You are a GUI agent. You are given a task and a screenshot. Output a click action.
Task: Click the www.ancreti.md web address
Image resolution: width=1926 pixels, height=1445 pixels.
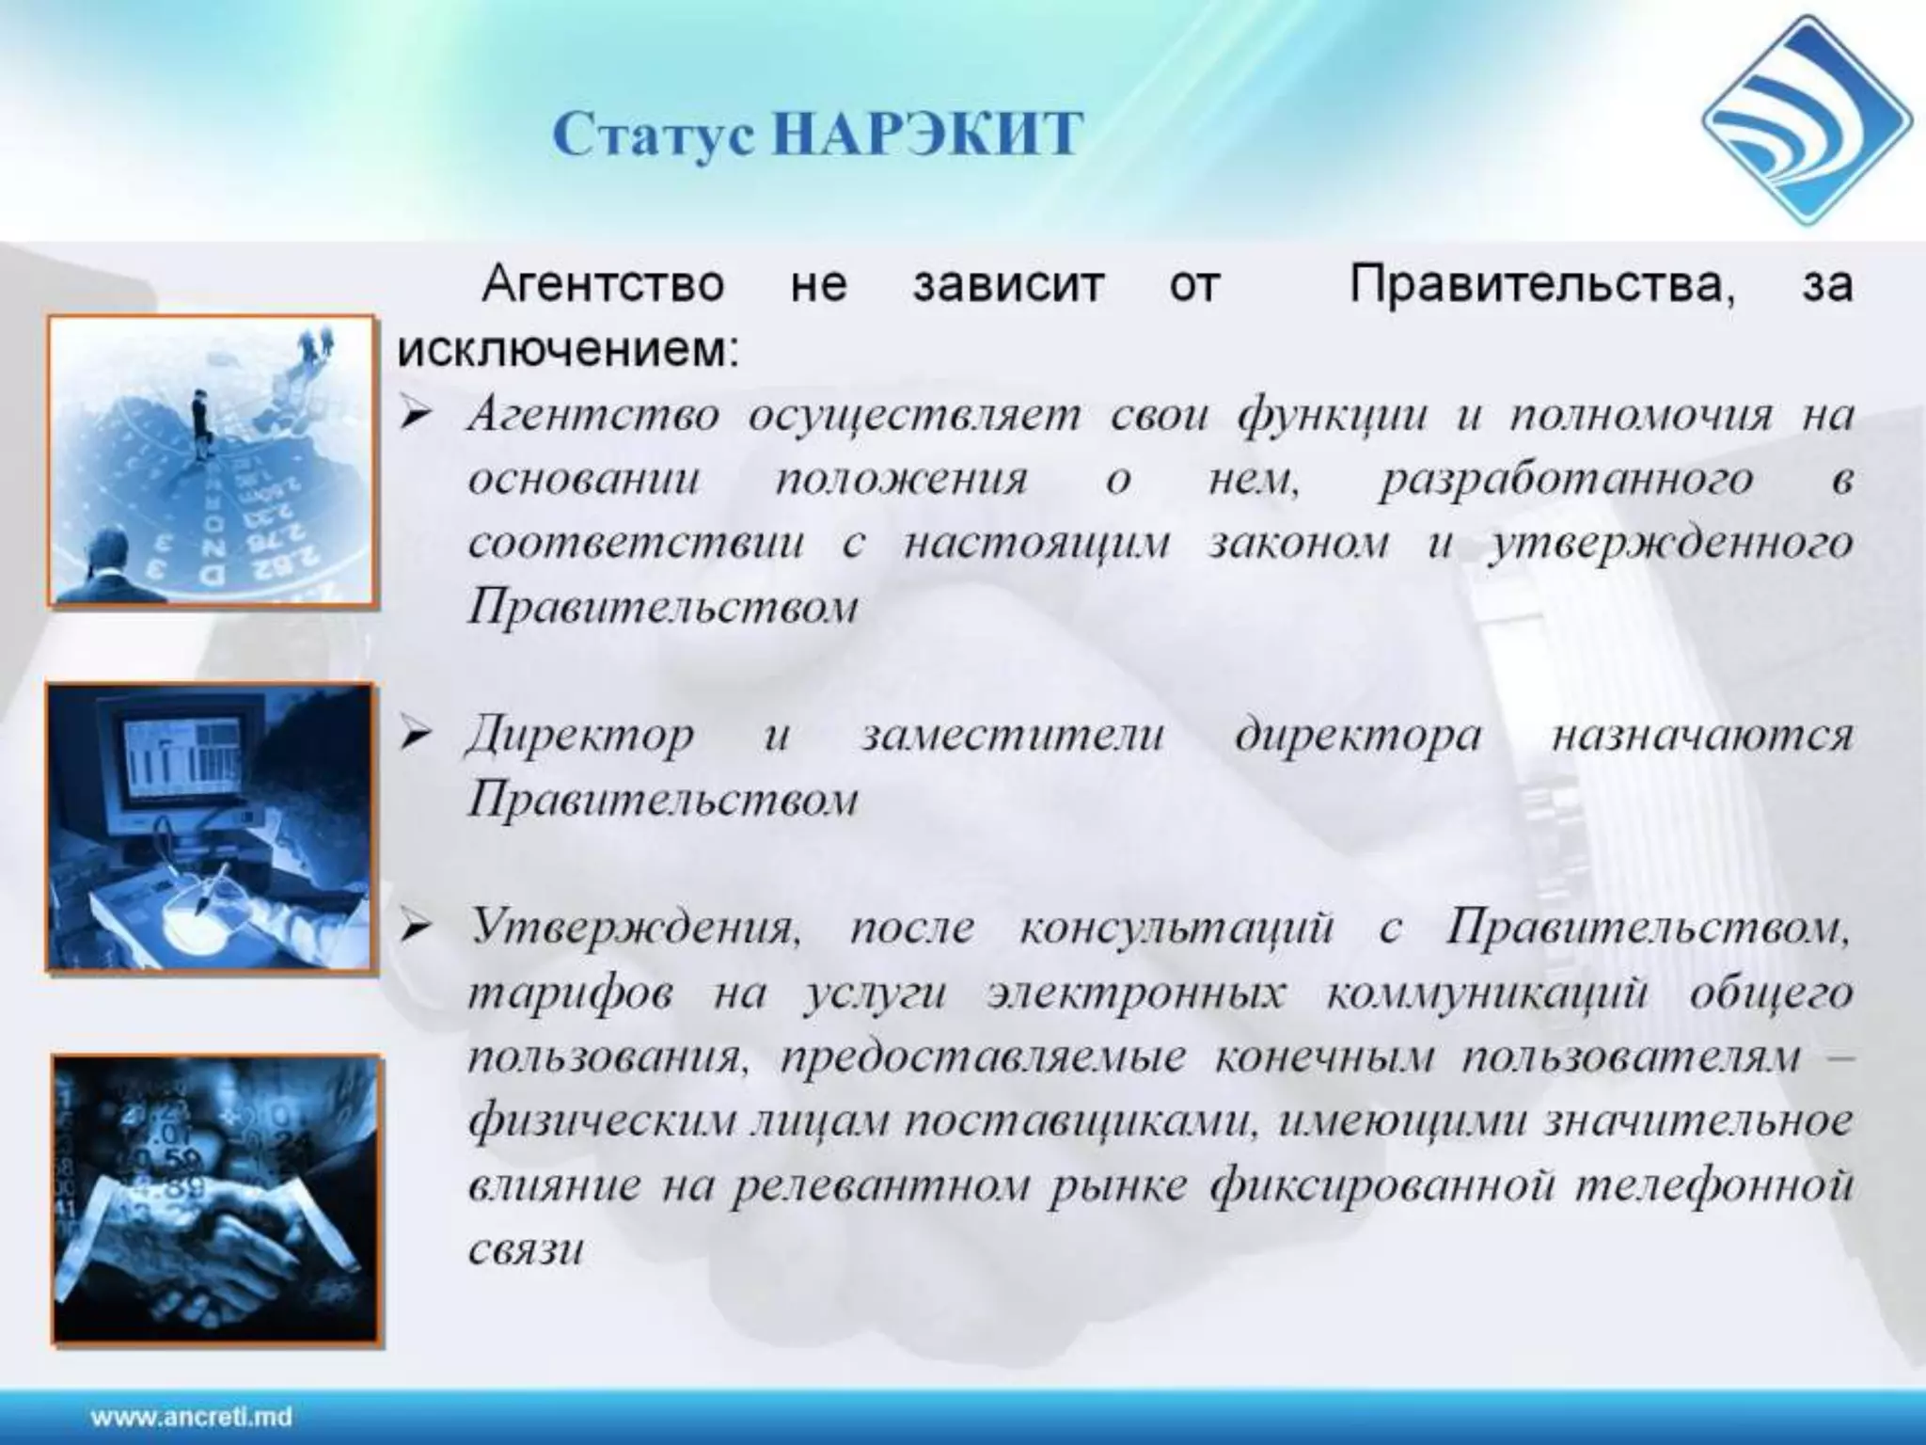tap(191, 1417)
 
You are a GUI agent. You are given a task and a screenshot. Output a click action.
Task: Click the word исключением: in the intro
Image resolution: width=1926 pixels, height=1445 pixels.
tap(568, 350)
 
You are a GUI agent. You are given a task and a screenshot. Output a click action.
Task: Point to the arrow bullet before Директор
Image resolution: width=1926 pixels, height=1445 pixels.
tap(415, 737)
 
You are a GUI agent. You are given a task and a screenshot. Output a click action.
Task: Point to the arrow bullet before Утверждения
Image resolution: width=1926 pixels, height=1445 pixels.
tap(415, 930)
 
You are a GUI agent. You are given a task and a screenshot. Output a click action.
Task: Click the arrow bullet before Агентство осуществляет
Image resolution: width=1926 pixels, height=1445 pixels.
tap(415, 415)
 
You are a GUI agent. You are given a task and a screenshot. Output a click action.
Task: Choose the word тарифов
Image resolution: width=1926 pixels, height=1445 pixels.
tap(570, 994)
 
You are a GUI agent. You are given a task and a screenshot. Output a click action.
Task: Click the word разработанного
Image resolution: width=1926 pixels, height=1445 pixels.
tap(1566, 480)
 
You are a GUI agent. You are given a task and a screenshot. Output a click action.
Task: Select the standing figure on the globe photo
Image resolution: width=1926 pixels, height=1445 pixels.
tap(201, 423)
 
